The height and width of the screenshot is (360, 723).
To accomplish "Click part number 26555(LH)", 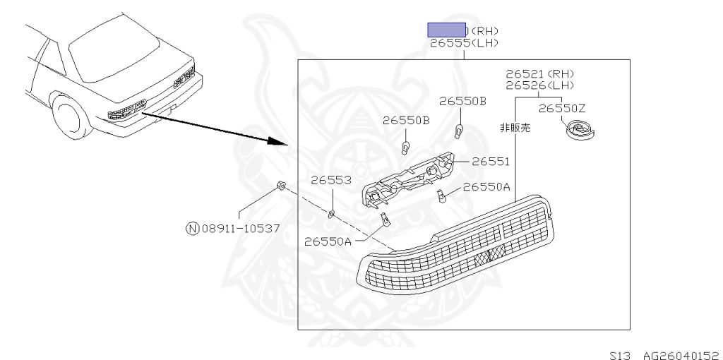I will pos(464,43).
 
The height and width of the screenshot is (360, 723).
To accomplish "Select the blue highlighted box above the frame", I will pos(446,30).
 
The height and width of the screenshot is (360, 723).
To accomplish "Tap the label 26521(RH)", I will pos(540,73).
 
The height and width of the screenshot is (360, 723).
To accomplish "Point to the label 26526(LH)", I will pos(540,85).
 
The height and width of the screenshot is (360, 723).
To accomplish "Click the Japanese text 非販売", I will pos(515,128).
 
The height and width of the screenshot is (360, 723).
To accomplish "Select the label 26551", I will pos(491,162).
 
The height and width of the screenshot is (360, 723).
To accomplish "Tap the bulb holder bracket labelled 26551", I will pos(410,178).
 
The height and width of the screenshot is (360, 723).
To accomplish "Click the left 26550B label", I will pos(406,120).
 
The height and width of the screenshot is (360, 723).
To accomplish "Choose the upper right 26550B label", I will pos(462,101).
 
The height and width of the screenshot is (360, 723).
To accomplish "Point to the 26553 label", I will pos(331,180).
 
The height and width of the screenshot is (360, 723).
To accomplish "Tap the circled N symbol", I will pos(192,228).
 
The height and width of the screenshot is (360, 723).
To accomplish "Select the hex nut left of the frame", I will pos(280,186).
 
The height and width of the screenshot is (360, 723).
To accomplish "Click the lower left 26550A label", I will pos(328,241).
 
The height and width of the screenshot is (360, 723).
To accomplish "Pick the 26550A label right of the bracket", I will pos(486,187).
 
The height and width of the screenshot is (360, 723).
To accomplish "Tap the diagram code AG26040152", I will pos(681,355).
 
